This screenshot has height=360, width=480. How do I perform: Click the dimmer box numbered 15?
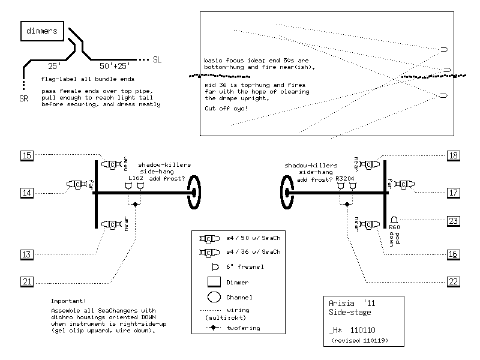coord(27,156)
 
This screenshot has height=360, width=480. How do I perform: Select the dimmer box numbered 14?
coord(27,193)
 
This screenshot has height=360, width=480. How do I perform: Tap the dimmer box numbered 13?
coord(27,254)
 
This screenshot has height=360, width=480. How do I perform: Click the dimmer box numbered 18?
coord(454,156)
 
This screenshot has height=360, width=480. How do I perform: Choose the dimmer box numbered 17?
coord(454,193)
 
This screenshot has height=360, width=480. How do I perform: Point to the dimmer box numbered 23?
coord(454,220)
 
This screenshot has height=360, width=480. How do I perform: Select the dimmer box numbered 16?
coord(454,254)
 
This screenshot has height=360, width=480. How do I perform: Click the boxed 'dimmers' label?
coord(41,31)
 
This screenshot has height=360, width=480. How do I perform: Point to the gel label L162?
coord(136,179)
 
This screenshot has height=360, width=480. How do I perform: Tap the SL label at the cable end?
coord(157,60)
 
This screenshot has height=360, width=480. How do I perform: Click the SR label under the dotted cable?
coord(23,98)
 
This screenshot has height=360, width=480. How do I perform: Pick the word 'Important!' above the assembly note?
coord(68,301)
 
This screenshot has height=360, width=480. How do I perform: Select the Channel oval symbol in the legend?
coord(214,296)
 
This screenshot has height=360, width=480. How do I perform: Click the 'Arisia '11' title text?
coord(350,304)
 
